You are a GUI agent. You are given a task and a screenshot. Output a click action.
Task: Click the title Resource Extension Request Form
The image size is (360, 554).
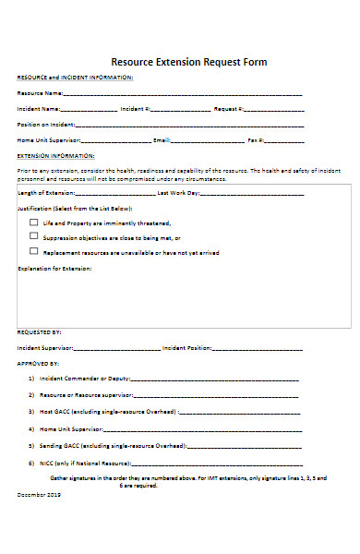point(188,62)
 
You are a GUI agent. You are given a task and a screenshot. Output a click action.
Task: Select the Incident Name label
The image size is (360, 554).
point(38,108)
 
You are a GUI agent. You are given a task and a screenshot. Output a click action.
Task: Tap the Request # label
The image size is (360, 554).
point(228,108)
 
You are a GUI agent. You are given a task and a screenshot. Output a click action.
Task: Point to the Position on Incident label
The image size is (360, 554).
point(44,124)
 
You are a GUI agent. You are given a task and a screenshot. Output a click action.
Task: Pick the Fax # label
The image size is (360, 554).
point(257,139)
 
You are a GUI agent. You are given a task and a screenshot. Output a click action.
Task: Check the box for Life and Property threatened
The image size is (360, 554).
point(33,223)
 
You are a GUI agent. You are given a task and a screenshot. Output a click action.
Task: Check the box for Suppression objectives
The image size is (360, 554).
point(33,236)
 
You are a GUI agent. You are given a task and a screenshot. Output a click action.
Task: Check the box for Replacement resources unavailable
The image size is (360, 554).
point(33,250)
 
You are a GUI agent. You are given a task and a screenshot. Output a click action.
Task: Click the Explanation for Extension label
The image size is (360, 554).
point(54,268)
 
